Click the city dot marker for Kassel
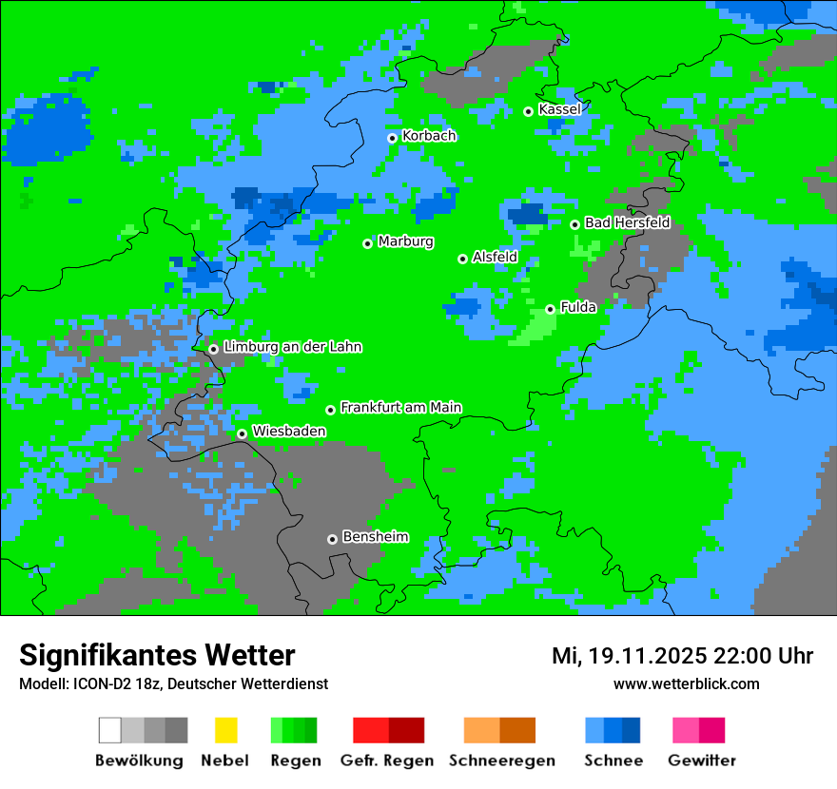coord(529,111)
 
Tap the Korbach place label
coord(429,136)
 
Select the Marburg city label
coord(405,241)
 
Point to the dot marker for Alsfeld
coord(463,259)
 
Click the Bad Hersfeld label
coord(627,223)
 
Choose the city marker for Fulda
coord(551,309)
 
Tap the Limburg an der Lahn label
coord(292,347)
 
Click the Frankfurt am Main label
coord(400,408)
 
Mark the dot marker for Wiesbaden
coord(243,433)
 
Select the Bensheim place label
coord(375,537)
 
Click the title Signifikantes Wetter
coord(157,656)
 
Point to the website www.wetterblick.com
coord(686,683)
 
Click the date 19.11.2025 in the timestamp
coord(647,656)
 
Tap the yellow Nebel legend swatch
coord(225,730)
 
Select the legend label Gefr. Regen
coord(387,760)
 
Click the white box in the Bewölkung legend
coord(110,730)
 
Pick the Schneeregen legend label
coord(502,760)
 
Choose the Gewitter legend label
coord(702,760)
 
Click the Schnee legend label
coord(613,760)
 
